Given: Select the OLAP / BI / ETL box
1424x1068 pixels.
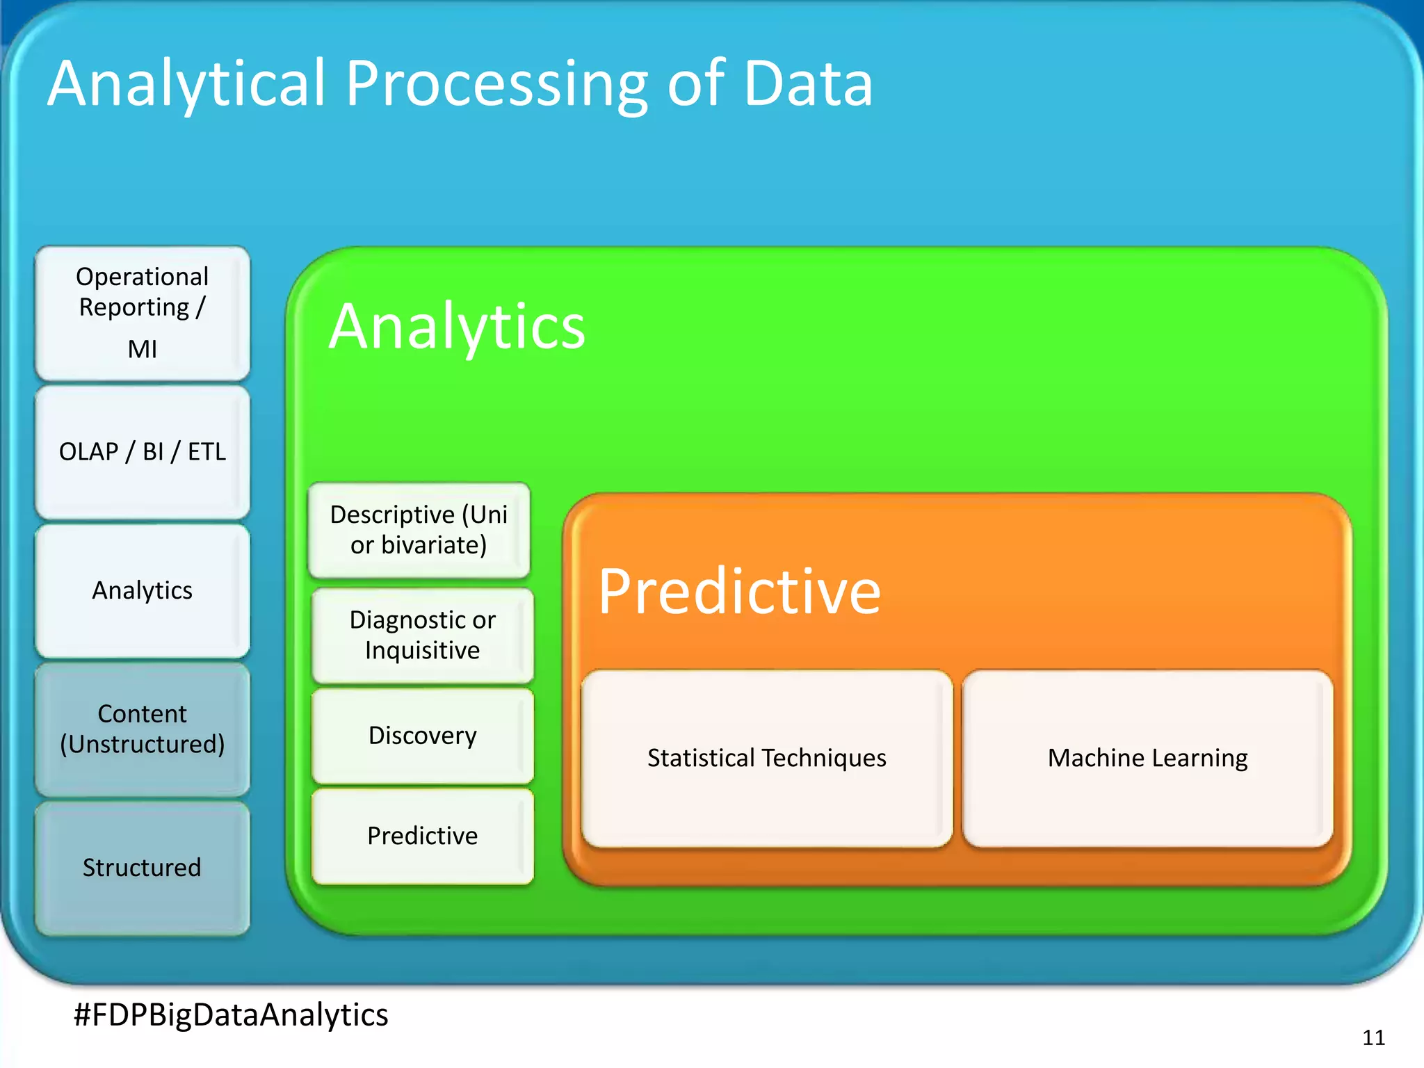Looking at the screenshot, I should coord(142,452).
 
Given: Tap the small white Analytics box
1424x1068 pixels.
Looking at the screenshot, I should coord(142,590).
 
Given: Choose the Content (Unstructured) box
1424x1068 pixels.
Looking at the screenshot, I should coord(142,729).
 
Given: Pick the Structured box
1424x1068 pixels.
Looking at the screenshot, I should coord(142,868).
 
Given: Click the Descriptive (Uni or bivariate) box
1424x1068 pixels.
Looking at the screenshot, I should coord(419,530).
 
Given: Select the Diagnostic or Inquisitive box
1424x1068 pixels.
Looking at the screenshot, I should coord(422,635).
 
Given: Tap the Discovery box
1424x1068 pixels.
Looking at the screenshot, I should coord(422,736).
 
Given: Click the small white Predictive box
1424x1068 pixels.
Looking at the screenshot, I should coord(422,836).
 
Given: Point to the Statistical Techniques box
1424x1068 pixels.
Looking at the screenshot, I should coord(766,758).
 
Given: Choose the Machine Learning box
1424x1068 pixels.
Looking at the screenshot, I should coord(1147,758).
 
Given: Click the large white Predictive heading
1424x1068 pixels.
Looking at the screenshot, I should coord(739,592).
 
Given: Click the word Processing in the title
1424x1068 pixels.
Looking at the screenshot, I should coord(496,85).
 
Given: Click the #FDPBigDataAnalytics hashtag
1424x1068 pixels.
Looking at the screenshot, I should coord(231,1014).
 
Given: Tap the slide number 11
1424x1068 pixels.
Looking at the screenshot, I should coord(1373,1038).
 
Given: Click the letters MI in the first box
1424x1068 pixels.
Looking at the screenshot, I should coord(142,349).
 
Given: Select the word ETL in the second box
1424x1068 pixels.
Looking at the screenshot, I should coord(207,452).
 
